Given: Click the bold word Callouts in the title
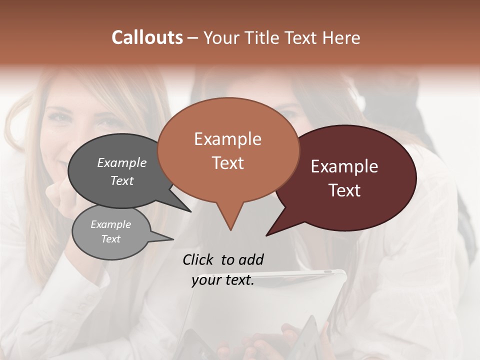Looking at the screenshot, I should (147, 37).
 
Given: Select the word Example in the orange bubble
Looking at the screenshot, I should (227, 139).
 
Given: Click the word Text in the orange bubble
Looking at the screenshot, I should (227, 163).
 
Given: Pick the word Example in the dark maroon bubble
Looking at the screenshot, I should (344, 166).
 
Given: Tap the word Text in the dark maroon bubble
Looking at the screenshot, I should (344, 190).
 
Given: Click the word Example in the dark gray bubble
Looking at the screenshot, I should (121, 162).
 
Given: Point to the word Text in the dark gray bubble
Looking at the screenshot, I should (121, 180).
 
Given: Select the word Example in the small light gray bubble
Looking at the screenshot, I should (110, 224).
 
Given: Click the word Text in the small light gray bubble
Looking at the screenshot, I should (110, 239).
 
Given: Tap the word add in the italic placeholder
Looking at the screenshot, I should (251, 259).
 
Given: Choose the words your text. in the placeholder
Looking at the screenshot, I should (222, 280).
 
